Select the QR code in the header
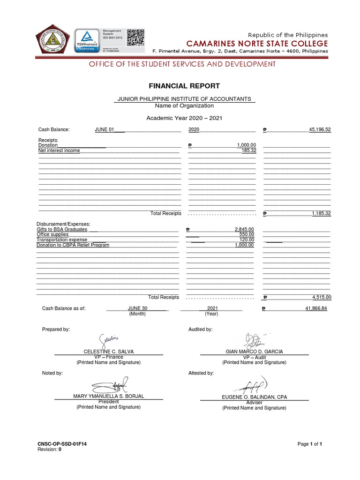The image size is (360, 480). (135, 37)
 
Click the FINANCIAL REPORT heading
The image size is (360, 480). (178, 86)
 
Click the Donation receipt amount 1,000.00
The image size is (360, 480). (246, 145)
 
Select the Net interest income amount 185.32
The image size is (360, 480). (249, 150)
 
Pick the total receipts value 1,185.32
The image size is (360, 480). (321, 213)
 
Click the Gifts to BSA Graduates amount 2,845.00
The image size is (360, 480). (244, 229)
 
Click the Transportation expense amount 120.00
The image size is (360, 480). (247, 240)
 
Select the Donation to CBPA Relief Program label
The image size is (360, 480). (73, 245)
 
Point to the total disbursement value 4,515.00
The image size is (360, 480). (322, 297)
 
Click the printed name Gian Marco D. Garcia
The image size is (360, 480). (254, 352)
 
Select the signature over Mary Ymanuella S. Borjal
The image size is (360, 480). (110, 385)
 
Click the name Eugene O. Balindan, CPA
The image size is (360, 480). (254, 397)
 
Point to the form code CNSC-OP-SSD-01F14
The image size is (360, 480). (62, 443)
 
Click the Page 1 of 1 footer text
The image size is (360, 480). (310, 443)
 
